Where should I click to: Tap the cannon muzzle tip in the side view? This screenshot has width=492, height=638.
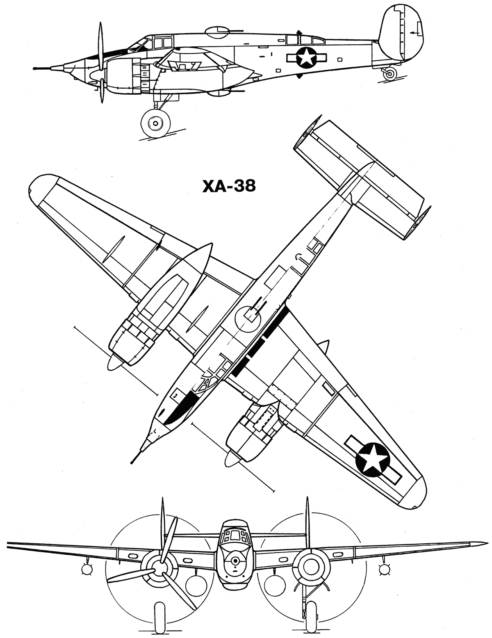[x=33, y=69]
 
